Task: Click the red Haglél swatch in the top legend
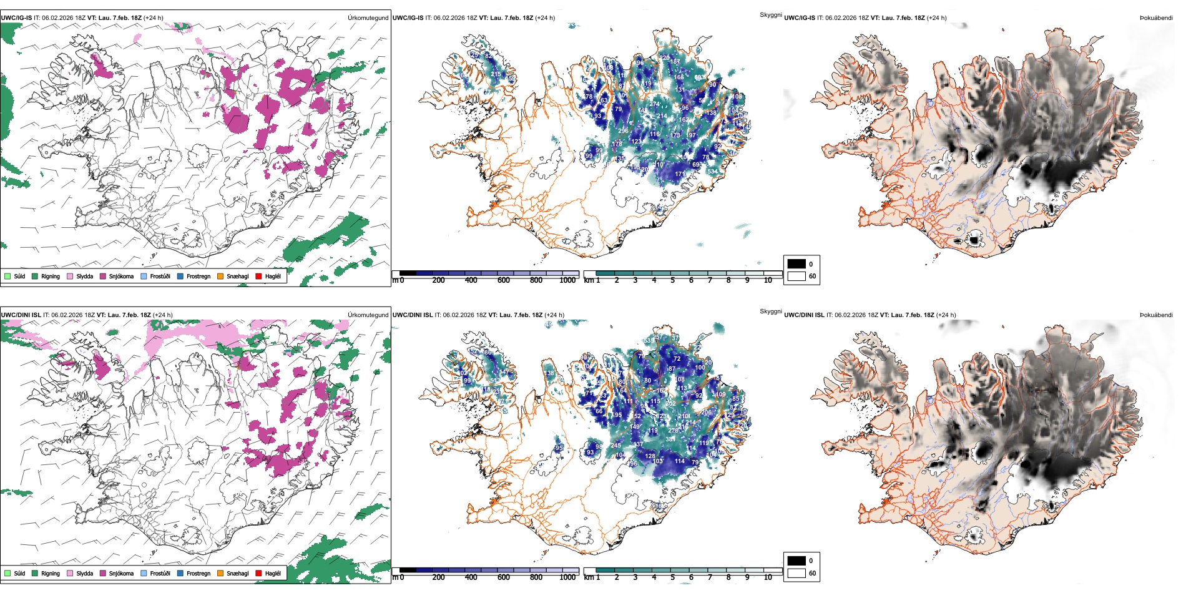259,276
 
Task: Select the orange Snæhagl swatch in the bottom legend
220,573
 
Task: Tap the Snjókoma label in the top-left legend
121,276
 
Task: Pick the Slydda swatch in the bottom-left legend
70,573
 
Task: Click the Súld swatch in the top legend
7,276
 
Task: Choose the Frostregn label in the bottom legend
198,573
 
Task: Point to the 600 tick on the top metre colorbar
503,280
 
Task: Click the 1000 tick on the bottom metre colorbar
567,577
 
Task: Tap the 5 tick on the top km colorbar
672,280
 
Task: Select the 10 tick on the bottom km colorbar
768,577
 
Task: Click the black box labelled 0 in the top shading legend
796,264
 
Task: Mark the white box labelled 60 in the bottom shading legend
796,573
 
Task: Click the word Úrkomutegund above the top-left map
368,18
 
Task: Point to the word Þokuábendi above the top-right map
1156,18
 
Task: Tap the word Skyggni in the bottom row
770,311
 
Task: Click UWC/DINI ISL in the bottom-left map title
21,315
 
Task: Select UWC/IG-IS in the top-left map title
16,18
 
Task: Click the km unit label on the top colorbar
589,280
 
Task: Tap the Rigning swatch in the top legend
35,276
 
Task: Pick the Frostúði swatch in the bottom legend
144,573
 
